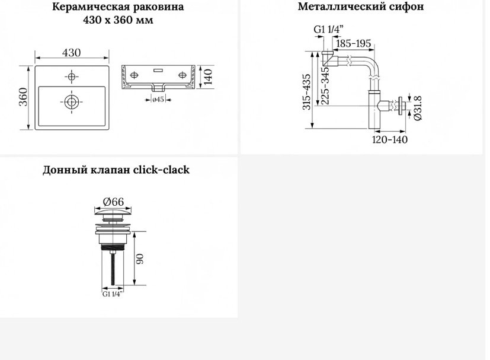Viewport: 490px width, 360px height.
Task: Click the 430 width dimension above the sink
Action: [x=71, y=53]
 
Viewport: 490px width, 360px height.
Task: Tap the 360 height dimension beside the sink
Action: [x=24, y=97]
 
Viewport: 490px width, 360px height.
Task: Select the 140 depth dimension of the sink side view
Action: [x=208, y=77]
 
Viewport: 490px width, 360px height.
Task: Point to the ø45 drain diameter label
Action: [x=158, y=100]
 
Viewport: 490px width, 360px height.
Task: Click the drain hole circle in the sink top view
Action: [x=72, y=101]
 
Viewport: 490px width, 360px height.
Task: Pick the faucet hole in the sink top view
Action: [x=72, y=77]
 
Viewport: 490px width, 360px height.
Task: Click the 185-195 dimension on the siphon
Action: [x=354, y=43]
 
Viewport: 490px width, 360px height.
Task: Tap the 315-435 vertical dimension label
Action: [x=306, y=92]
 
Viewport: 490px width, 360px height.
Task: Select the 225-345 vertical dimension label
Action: [x=325, y=85]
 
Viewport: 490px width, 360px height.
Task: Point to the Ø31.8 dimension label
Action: [x=418, y=108]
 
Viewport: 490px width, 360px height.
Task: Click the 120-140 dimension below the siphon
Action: [x=390, y=139]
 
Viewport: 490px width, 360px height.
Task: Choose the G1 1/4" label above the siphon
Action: [x=328, y=30]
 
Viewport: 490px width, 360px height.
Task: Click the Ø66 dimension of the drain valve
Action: [x=113, y=202]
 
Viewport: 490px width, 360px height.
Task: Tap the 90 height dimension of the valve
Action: [x=140, y=259]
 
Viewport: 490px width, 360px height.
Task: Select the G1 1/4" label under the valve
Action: [x=113, y=294]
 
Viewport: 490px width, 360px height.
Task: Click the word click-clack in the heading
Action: [x=161, y=170]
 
